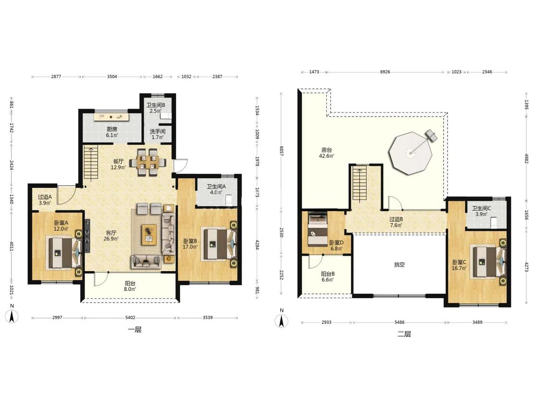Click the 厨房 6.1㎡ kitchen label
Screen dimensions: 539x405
point(112,132)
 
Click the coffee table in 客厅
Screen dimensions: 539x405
point(149,235)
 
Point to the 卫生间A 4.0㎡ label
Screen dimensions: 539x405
point(216,190)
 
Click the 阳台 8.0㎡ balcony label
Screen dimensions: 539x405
point(130,286)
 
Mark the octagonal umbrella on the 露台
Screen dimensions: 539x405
point(410,153)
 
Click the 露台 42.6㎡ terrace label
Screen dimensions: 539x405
point(327,153)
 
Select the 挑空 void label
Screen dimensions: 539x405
point(399,264)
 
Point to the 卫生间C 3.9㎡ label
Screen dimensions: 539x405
point(481,211)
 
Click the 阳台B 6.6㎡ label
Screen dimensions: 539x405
point(328,276)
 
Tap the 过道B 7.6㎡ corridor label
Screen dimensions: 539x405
point(396,222)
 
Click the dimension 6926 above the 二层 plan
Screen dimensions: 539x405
point(385,72)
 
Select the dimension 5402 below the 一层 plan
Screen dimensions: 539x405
point(130,318)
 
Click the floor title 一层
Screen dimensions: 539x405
point(135,330)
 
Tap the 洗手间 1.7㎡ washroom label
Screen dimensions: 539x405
point(158,134)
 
